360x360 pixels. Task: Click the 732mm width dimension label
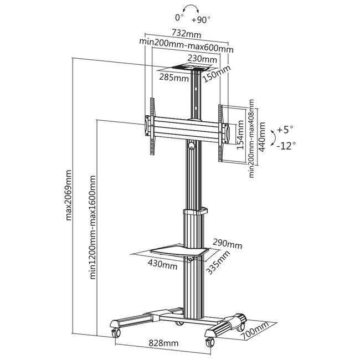[x=186, y=34]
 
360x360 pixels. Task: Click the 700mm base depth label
[x=254, y=330]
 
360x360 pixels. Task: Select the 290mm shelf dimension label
[x=227, y=244]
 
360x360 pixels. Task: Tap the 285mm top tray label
[x=174, y=78]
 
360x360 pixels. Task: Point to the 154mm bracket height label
[x=239, y=136]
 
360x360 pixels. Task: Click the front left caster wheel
[x=116, y=333]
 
